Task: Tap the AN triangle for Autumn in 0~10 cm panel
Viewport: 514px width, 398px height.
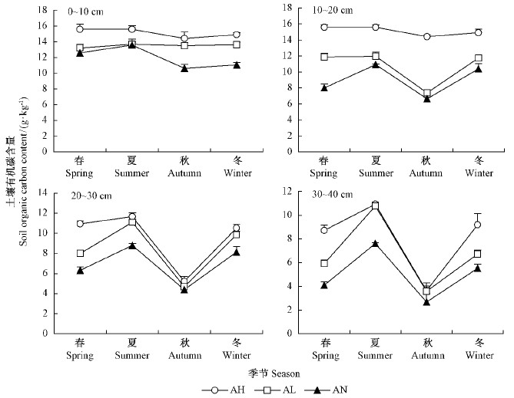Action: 184,68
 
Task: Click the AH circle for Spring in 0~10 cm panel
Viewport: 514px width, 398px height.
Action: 80,29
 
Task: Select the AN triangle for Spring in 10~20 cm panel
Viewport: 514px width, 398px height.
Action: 324,87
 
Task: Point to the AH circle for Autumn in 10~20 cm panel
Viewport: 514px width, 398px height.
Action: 426,36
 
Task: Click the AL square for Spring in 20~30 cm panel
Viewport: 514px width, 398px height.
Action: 80,253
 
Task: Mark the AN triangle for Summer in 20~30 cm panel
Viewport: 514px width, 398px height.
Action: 132,245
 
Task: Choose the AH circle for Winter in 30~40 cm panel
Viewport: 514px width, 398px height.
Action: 477,225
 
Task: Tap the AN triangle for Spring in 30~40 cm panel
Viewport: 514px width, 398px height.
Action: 324,285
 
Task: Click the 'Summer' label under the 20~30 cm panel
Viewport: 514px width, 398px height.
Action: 132,355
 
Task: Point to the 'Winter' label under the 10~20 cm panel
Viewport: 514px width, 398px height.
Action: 478,173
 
